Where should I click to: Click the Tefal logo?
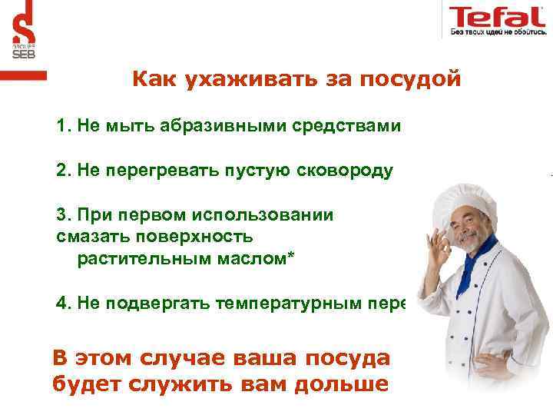pos(497,16)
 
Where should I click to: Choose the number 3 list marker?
pos(61,215)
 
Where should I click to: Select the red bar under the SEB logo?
pos(23,75)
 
